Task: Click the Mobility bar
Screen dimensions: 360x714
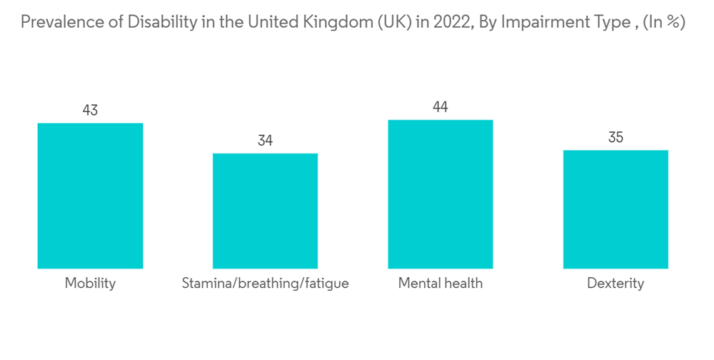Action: [x=90, y=196]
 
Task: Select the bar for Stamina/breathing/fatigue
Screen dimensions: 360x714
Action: [x=265, y=211]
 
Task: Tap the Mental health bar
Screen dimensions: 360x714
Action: [x=440, y=194]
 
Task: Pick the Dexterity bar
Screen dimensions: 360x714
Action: [x=615, y=209]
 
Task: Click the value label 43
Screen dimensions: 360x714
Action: [x=90, y=111]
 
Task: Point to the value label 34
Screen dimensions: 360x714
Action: [x=265, y=141]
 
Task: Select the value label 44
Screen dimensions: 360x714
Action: [x=440, y=107]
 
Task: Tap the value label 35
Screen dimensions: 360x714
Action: [x=615, y=137]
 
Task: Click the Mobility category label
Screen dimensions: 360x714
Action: [x=90, y=284]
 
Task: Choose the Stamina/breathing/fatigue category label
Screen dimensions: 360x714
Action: [x=265, y=284]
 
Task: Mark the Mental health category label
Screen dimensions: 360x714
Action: [x=440, y=284]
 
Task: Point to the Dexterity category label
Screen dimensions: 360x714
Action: [x=615, y=284]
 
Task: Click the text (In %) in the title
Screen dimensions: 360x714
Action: [x=663, y=22]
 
